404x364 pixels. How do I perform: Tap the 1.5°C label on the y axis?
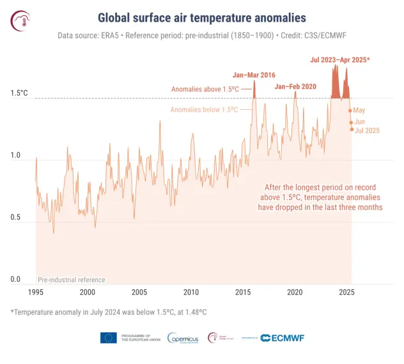(x=19, y=93)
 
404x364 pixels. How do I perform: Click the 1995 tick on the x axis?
(x=36, y=292)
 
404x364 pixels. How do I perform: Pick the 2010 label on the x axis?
(x=191, y=292)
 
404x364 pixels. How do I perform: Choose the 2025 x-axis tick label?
(x=346, y=292)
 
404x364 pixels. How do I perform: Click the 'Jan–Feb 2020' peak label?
(x=295, y=86)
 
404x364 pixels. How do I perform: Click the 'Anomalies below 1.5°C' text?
(x=204, y=110)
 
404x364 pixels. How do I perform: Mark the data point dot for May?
(x=350, y=110)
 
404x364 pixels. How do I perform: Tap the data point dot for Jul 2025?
(x=352, y=130)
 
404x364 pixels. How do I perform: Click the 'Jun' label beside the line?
(x=359, y=121)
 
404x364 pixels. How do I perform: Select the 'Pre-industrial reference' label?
(x=71, y=280)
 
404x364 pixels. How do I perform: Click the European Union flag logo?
(x=108, y=338)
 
